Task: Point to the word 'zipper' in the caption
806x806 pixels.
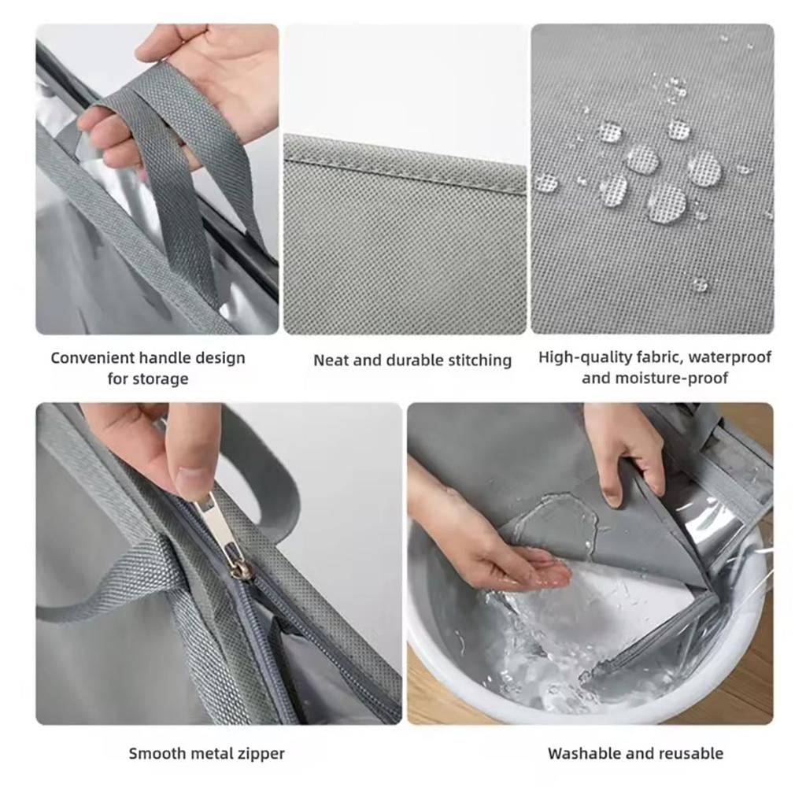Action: point(259,753)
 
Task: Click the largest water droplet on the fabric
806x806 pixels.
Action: point(666,204)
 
